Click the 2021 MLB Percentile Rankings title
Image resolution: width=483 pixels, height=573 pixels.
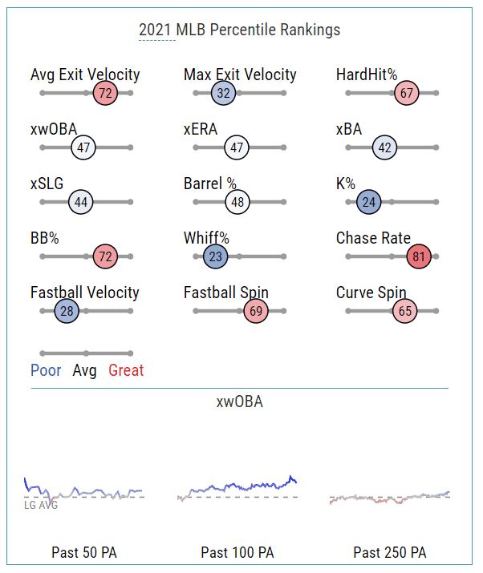[x=239, y=30]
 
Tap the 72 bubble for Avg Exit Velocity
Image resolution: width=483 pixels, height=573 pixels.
[x=105, y=93]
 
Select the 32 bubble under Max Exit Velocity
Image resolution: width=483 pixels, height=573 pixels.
[x=223, y=93]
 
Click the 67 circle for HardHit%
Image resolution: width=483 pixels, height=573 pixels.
[x=407, y=93]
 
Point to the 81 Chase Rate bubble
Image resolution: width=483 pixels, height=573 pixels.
[x=419, y=257]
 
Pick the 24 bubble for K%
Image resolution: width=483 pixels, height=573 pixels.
[x=368, y=202]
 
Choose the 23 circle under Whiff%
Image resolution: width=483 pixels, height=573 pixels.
[x=215, y=257]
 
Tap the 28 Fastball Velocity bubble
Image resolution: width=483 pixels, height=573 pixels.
[x=66, y=311]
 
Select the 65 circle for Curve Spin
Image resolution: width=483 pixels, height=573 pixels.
[x=405, y=311]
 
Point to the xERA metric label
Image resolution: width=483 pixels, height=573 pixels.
[x=201, y=130]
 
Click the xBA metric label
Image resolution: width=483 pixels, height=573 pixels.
[x=350, y=130]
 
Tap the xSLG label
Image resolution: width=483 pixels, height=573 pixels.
[x=47, y=184]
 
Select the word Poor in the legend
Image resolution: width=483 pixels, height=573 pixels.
[x=46, y=370]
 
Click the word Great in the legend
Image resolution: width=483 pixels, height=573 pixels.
[x=126, y=370]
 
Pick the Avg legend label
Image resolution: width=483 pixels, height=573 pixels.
[x=84, y=370]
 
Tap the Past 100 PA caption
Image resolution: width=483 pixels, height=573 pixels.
[x=237, y=553]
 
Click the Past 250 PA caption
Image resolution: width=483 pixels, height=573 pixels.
[x=390, y=553]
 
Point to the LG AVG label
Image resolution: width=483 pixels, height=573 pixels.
[x=41, y=505]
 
